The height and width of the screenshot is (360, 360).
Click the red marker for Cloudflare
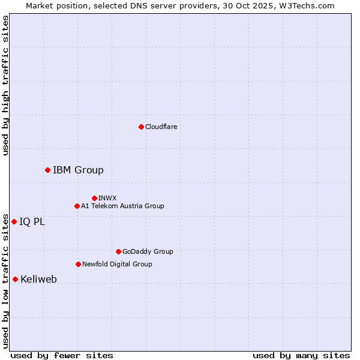click(x=141, y=127)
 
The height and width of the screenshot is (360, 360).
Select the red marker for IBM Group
click(x=47, y=170)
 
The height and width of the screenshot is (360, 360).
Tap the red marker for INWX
click(x=94, y=198)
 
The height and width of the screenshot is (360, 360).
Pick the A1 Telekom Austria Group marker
click(x=77, y=206)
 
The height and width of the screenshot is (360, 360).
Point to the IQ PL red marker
click(x=14, y=221)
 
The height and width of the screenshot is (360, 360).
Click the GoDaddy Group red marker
click(x=118, y=251)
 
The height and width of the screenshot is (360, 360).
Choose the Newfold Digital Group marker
click(x=78, y=264)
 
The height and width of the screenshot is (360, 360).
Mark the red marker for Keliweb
click(x=15, y=279)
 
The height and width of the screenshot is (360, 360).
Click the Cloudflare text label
click(x=161, y=127)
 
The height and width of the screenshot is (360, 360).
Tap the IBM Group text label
click(x=78, y=170)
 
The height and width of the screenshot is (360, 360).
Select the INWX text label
click(x=107, y=198)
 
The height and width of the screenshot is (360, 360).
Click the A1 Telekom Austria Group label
click(x=122, y=206)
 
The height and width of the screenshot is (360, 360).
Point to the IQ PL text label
click(x=32, y=221)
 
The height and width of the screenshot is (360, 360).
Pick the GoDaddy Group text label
click(x=148, y=251)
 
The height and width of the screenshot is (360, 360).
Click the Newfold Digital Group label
click(x=117, y=264)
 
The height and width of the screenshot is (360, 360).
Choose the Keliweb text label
click(x=38, y=279)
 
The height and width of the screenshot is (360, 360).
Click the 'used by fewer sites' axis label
click(x=62, y=355)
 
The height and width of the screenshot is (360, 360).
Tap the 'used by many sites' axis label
click(x=301, y=355)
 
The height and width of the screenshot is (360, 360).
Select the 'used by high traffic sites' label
click(x=5, y=85)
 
